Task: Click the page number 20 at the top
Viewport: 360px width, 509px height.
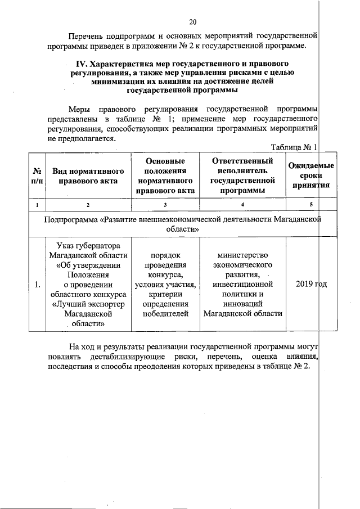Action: point(192,22)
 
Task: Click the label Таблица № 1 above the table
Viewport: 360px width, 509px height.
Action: point(294,147)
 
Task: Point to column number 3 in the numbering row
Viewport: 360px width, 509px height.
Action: point(165,204)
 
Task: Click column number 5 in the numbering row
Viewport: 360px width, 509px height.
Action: point(310,204)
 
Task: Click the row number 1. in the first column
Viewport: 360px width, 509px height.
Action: point(37,285)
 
